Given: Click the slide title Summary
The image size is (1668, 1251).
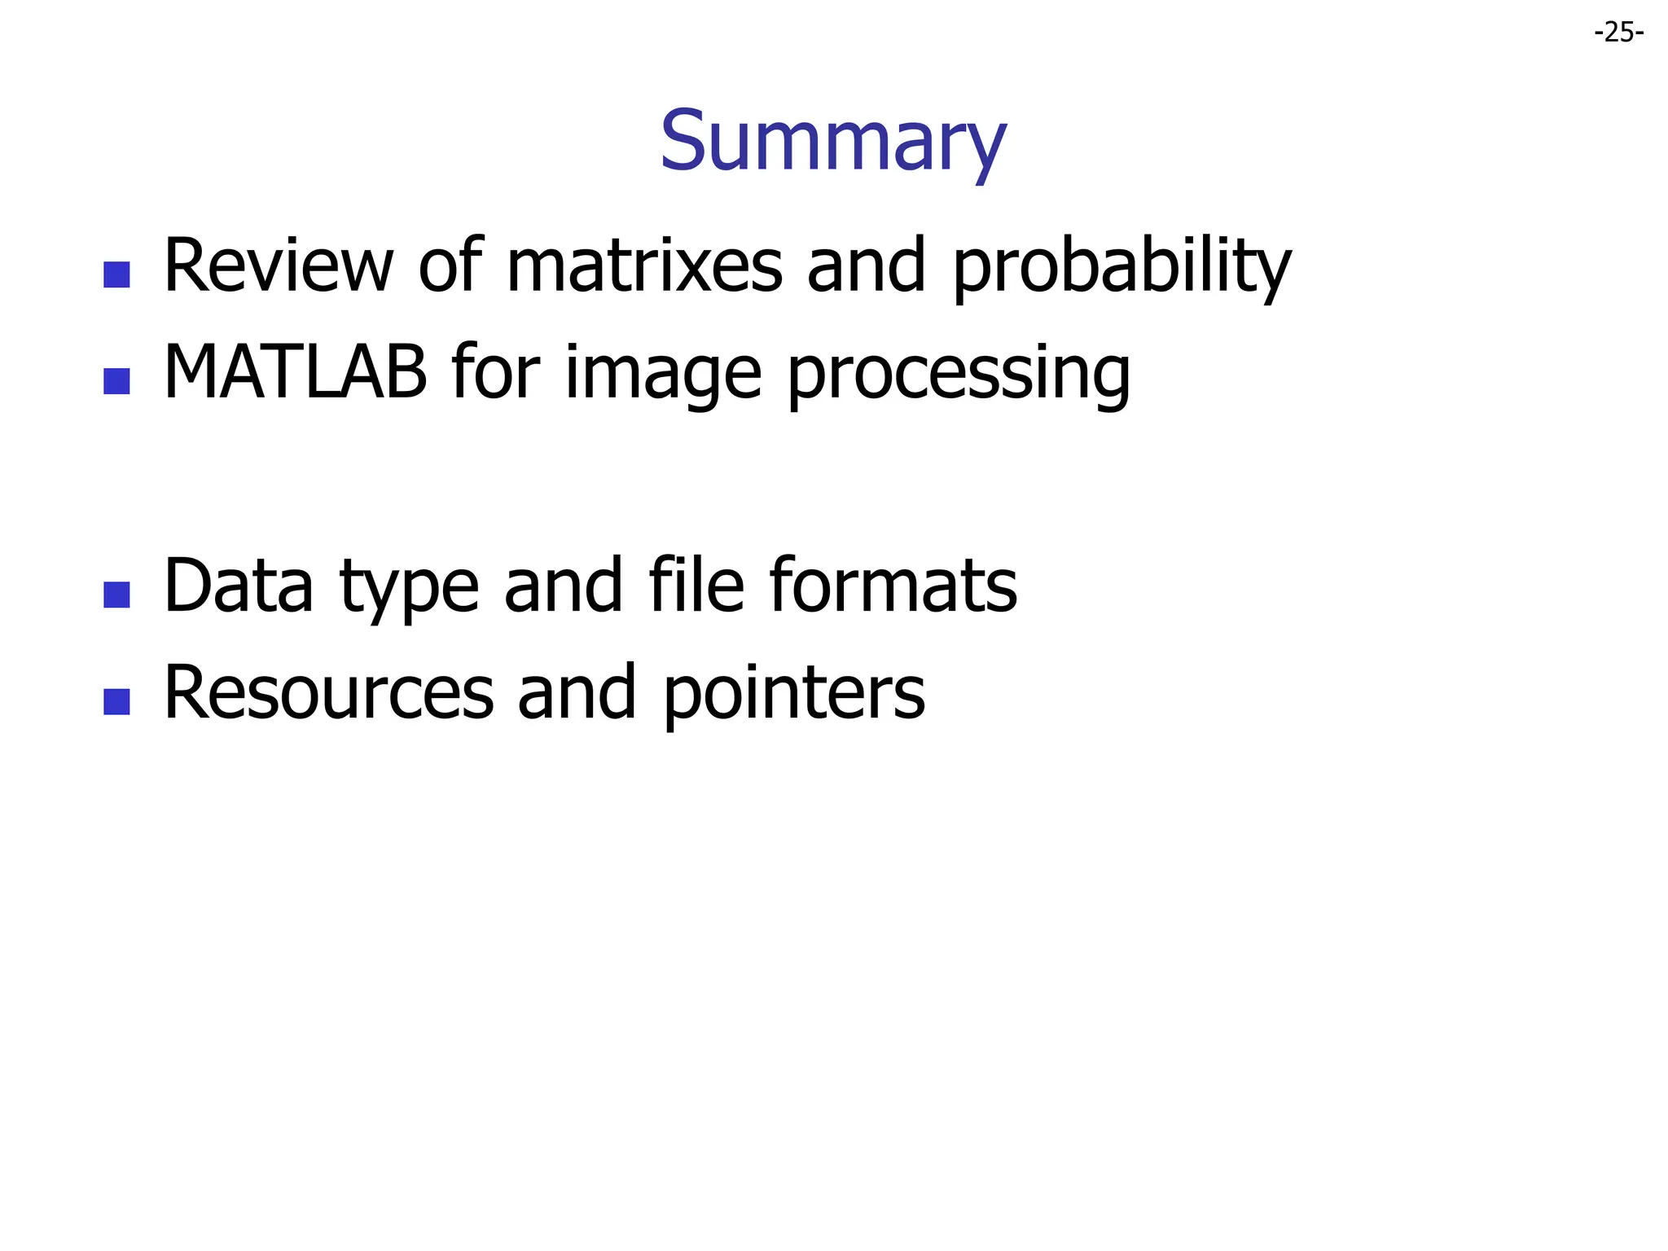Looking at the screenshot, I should [x=832, y=143].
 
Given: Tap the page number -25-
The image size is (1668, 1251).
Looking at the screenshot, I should [x=1618, y=33].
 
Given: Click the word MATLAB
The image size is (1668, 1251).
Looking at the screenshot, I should [x=295, y=372].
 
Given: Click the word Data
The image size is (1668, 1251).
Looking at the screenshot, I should [x=238, y=586].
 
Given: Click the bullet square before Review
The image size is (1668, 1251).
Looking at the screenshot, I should [x=117, y=274].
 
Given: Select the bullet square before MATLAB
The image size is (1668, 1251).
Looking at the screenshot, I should [x=117, y=381].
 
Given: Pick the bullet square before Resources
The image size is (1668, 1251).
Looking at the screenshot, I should [x=117, y=701].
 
